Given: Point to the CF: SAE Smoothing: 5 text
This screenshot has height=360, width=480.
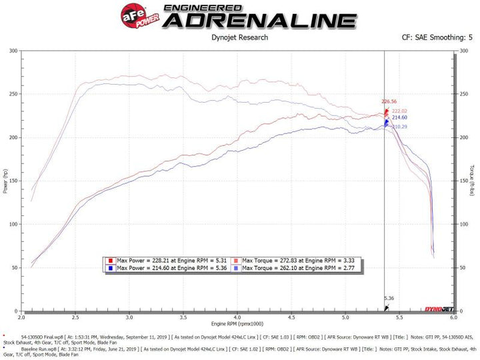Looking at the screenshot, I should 433,38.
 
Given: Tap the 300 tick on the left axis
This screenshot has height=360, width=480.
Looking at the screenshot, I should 13,51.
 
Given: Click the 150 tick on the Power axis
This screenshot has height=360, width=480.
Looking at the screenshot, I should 13,181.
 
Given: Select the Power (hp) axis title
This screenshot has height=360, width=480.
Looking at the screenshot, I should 6,181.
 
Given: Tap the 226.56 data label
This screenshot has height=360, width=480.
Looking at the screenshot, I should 389,101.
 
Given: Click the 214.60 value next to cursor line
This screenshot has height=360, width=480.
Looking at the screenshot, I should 399,117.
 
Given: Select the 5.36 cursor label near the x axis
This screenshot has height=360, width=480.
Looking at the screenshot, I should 389,299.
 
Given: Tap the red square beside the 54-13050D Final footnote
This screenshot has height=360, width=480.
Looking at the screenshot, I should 5,336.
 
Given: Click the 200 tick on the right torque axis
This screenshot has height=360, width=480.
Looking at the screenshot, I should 463,138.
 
